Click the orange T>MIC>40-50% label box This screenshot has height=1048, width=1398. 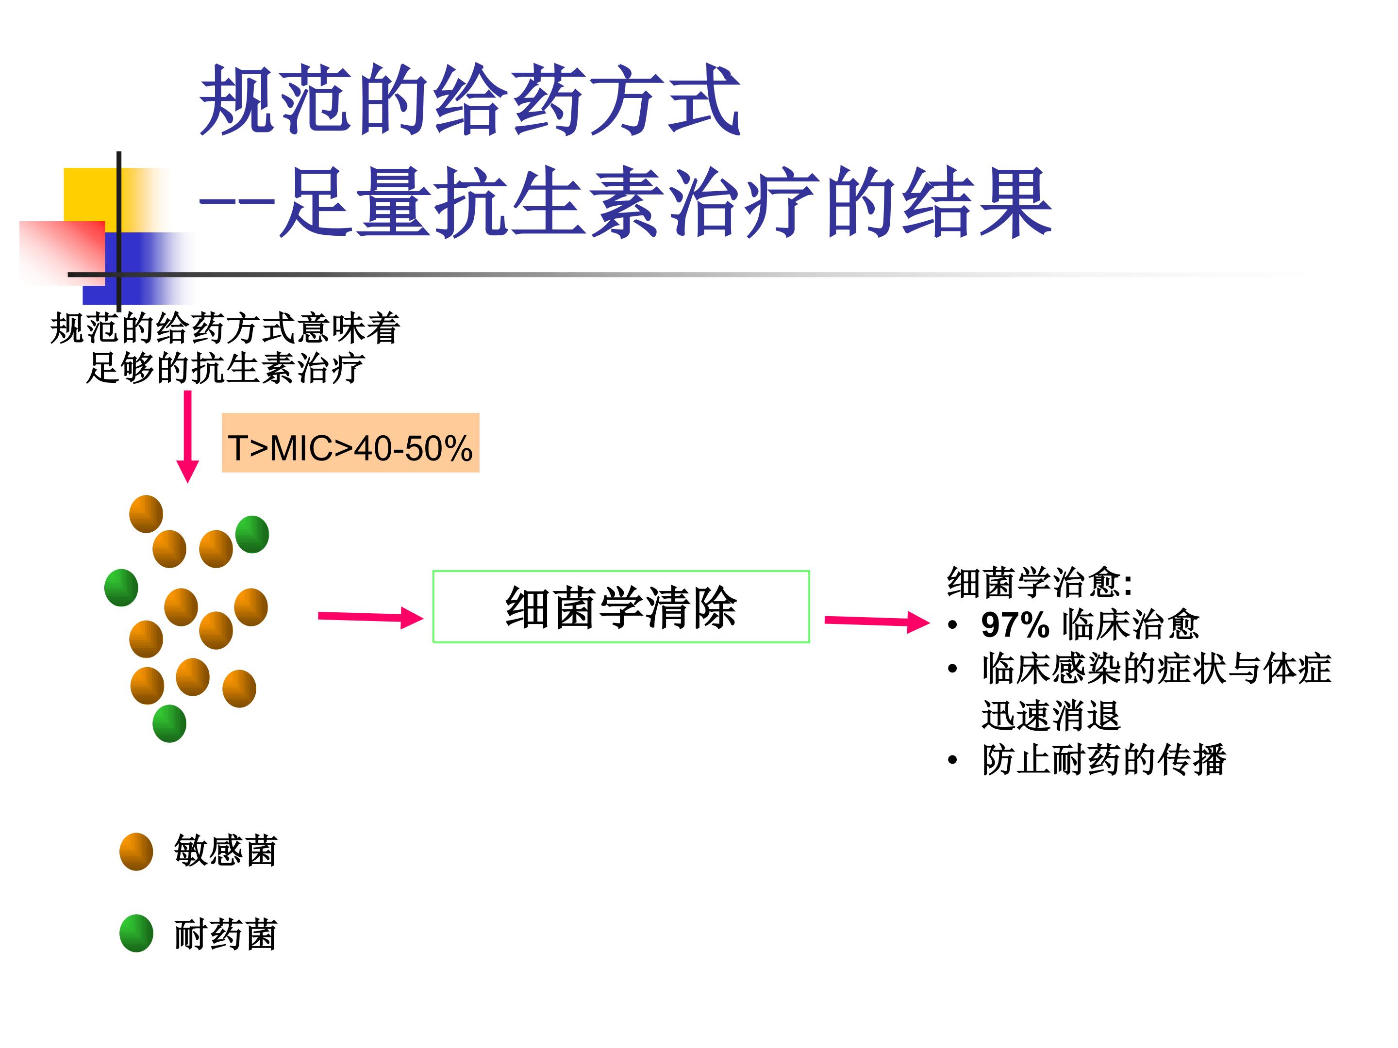point(350,443)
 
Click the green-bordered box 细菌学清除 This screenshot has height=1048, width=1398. point(621,606)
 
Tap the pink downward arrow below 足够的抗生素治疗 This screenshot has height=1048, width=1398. point(188,436)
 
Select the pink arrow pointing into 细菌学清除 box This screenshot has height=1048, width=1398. point(370,617)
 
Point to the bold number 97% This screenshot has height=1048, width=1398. point(1015,625)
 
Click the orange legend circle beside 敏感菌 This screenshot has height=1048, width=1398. point(136,851)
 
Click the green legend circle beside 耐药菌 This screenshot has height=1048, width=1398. point(136,933)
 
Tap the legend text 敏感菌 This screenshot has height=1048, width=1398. point(226,851)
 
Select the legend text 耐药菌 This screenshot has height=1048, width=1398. point(226,934)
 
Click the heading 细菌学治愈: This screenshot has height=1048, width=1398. point(1039,582)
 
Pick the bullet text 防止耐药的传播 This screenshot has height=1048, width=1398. point(1103,759)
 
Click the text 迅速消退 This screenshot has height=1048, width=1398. point(1050,715)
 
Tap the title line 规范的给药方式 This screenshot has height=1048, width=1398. point(469,101)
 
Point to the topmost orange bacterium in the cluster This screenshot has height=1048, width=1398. point(146,514)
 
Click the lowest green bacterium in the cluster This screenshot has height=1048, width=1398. point(169,723)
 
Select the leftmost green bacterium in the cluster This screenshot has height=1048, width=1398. point(121,588)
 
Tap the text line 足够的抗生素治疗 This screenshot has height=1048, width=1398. point(226,368)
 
